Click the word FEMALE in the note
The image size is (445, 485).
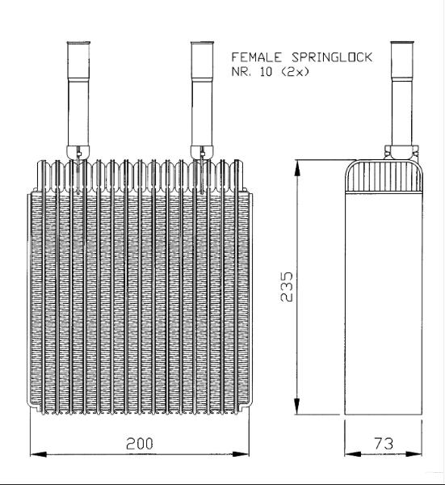point(257,57)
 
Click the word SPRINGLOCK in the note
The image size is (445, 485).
point(332,57)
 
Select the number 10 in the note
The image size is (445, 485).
point(266,72)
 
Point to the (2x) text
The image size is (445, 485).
point(294,72)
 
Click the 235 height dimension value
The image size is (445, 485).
point(286,286)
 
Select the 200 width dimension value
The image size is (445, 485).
point(140,444)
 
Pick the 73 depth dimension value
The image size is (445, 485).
point(384,444)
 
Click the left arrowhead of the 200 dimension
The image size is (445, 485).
point(38,454)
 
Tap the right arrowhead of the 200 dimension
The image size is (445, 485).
point(241,454)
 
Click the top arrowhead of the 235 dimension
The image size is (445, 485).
point(297,168)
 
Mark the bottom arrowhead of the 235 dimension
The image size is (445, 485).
point(297,406)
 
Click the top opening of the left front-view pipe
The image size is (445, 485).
point(78,43)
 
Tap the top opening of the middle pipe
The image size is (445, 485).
point(203,43)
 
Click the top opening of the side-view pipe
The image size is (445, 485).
point(402,43)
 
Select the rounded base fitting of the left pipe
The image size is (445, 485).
point(78,152)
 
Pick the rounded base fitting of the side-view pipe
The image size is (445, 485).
point(401,152)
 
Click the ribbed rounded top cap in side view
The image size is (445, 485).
point(384,175)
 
